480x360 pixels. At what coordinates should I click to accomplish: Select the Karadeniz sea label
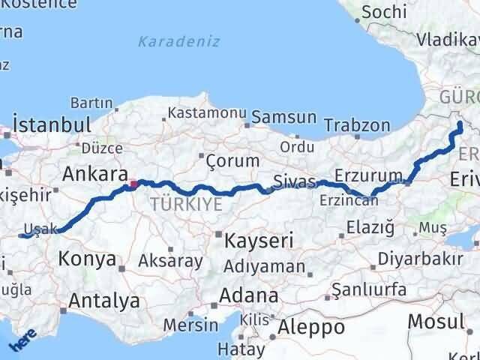point(178,41)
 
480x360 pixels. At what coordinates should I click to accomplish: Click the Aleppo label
point(311,327)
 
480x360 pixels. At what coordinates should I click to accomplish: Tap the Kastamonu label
point(208,112)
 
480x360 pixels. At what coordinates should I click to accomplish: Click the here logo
point(22,342)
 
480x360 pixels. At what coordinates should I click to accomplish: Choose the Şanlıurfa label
point(369,289)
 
